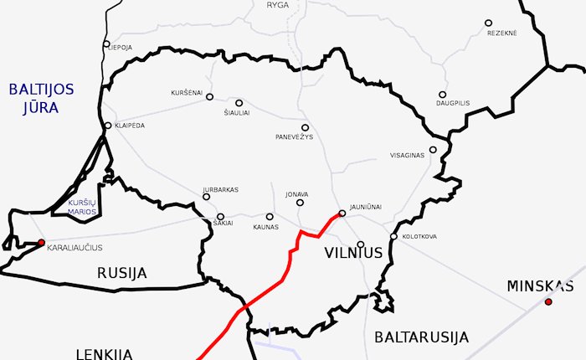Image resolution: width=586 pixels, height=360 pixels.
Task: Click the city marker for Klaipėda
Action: click(x=108, y=126)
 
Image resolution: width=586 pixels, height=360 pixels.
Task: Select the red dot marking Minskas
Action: click(x=548, y=301)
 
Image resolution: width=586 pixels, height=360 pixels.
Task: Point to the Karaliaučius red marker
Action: click(x=41, y=243)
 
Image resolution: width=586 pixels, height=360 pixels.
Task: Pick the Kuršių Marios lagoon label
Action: click(x=82, y=207)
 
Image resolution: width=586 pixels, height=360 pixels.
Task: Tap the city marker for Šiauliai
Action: click(x=239, y=103)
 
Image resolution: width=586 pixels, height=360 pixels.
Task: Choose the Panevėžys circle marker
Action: click(x=305, y=127)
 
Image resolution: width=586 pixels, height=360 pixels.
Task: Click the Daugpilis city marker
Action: click(x=442, y=95)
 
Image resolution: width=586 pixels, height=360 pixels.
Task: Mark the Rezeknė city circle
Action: click(x=488, y=23)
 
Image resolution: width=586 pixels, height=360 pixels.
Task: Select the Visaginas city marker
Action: click(x=433, y=150)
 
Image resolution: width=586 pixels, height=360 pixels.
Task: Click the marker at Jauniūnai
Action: click(x=342, y=213)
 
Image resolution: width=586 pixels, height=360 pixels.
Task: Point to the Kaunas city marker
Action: click(x=270, y=216)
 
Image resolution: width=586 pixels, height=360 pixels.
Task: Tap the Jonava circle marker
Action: click(x=300, y=202)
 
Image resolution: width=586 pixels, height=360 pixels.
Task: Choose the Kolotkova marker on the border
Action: click(x=393, y=236)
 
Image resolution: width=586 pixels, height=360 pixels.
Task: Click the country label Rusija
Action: click(x=121, y=273)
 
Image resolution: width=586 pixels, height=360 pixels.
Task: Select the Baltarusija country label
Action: click(x=421, y=337)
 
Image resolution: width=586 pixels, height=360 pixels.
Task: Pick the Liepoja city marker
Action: click(x=106, y=44)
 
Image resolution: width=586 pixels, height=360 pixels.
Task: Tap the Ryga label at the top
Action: click(x=277, y=5)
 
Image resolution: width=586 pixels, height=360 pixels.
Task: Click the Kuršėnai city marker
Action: click(x=209, y=96)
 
